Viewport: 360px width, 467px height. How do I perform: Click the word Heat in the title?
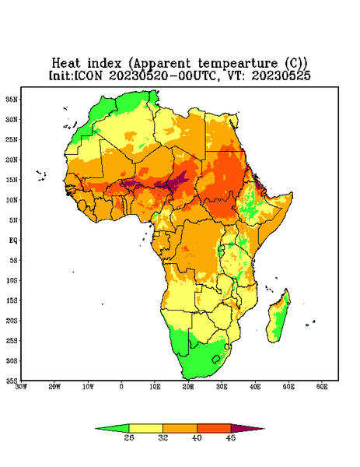[x=66, y=64]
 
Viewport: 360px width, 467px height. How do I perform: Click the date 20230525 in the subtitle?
[x=281, y=75]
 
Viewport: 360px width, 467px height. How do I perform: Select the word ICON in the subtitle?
[x=89, y=75]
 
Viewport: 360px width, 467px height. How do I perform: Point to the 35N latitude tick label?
[x=12, y=99]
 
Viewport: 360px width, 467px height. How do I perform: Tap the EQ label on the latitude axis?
[x=13, y=240]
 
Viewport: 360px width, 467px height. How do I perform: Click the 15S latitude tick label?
[x=12, y=300]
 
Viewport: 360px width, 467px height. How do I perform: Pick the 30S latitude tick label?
[x=12, y=360]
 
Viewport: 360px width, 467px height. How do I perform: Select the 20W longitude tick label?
[x=54, y=387]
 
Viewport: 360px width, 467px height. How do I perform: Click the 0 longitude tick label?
[x=121, y=387]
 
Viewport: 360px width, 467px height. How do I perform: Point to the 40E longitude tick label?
[x=255, y=387]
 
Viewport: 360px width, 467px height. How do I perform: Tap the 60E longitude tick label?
[x=322, y=387]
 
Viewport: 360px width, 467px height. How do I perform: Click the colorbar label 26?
[x=129, y=437]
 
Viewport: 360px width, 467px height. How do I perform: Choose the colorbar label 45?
[x=231, y=437]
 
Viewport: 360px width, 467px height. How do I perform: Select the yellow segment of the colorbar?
[x=145, y=428]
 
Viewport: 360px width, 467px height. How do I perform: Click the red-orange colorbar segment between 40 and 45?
[x=214, y=428]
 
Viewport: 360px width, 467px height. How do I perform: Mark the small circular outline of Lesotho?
[x=215, y=359]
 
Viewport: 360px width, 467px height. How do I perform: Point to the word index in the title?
[x=105, y=64]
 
